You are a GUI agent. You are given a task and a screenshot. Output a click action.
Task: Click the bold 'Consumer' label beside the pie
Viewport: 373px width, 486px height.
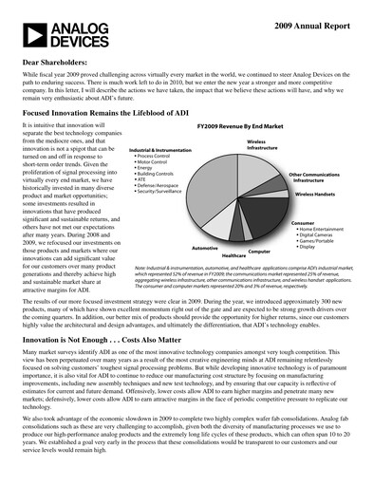click(303, 223)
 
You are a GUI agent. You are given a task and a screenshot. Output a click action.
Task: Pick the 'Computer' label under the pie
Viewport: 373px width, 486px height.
click(258, 252)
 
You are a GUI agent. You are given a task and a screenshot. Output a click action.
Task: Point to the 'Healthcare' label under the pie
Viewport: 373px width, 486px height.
click(233, 256)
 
